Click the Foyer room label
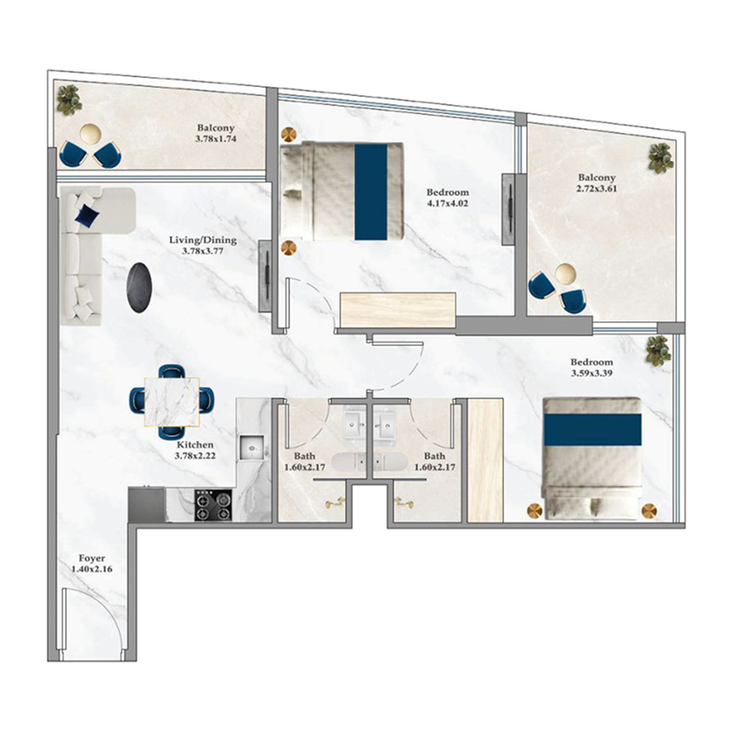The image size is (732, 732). [91, 557]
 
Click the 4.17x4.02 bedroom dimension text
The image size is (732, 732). [447, 204]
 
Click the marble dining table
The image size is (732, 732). [170, 403]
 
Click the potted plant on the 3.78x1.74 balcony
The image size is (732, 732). [69, 100]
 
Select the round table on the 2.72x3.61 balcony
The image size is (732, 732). [566, 273]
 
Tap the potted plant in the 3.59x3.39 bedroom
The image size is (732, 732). [657, 350]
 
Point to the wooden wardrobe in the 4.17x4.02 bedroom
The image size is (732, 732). [397, 310]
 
